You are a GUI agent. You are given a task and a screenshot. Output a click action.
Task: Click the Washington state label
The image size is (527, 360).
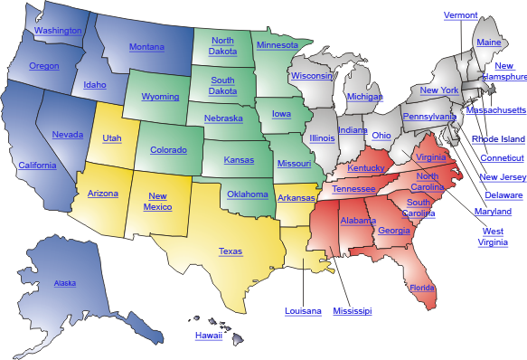tap(57, 31)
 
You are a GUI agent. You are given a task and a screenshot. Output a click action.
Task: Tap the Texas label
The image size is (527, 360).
tap(230, 251)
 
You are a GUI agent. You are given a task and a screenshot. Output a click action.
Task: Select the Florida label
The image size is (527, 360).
tap(421, 289)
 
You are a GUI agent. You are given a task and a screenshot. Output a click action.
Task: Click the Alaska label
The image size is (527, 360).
tap(64, 283)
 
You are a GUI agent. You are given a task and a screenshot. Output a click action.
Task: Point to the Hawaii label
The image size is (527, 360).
tap(208, 336)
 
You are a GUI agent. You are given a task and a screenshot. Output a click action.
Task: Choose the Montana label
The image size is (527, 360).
tap(146, 47)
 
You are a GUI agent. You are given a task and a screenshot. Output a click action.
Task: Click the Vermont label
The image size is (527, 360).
tap(461, 15)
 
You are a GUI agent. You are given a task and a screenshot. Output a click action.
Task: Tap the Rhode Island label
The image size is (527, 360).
tap(498, 139)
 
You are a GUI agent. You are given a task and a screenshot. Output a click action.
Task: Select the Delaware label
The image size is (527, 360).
tap(503, 195)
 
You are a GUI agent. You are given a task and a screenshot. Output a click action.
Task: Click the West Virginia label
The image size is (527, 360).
tap(492, 237)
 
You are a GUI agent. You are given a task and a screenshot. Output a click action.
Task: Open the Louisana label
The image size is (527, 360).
tap(303, 311)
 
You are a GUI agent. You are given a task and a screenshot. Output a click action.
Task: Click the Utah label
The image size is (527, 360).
tap(112, 138)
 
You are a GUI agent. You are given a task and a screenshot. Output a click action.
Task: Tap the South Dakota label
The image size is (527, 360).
tap(222, 85)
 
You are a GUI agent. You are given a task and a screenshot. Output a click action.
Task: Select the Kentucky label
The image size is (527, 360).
tap(366, 168)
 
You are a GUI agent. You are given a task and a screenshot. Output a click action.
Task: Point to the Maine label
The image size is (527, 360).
tap(488, 43)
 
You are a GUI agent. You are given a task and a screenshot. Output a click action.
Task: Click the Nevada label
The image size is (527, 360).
tap(68, 135)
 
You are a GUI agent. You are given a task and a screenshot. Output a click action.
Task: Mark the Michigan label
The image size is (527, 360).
tap(364, 97)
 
